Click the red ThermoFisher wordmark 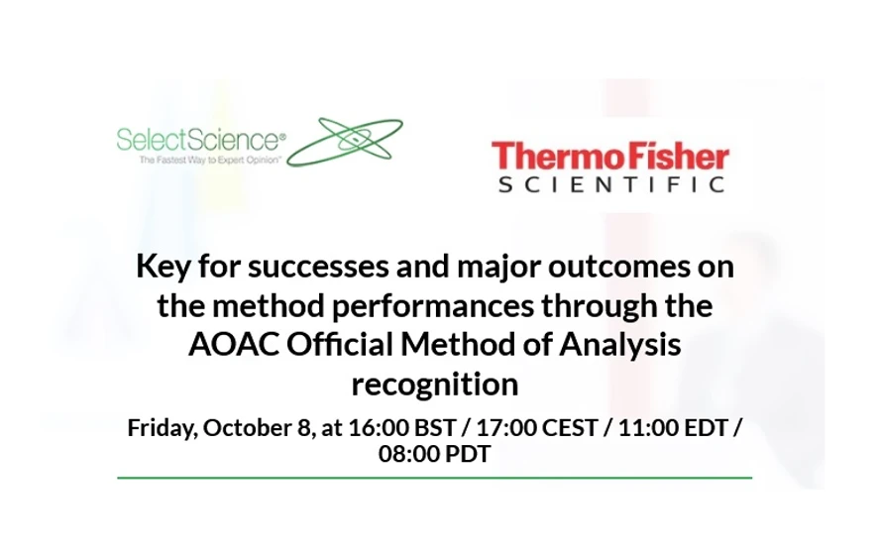click(609, 157)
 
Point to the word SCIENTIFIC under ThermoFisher click(609, 184)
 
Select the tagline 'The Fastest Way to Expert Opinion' click(198, 159)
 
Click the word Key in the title click(161, 267)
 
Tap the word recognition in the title click(435, 383)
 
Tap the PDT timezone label click(467, 454)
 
